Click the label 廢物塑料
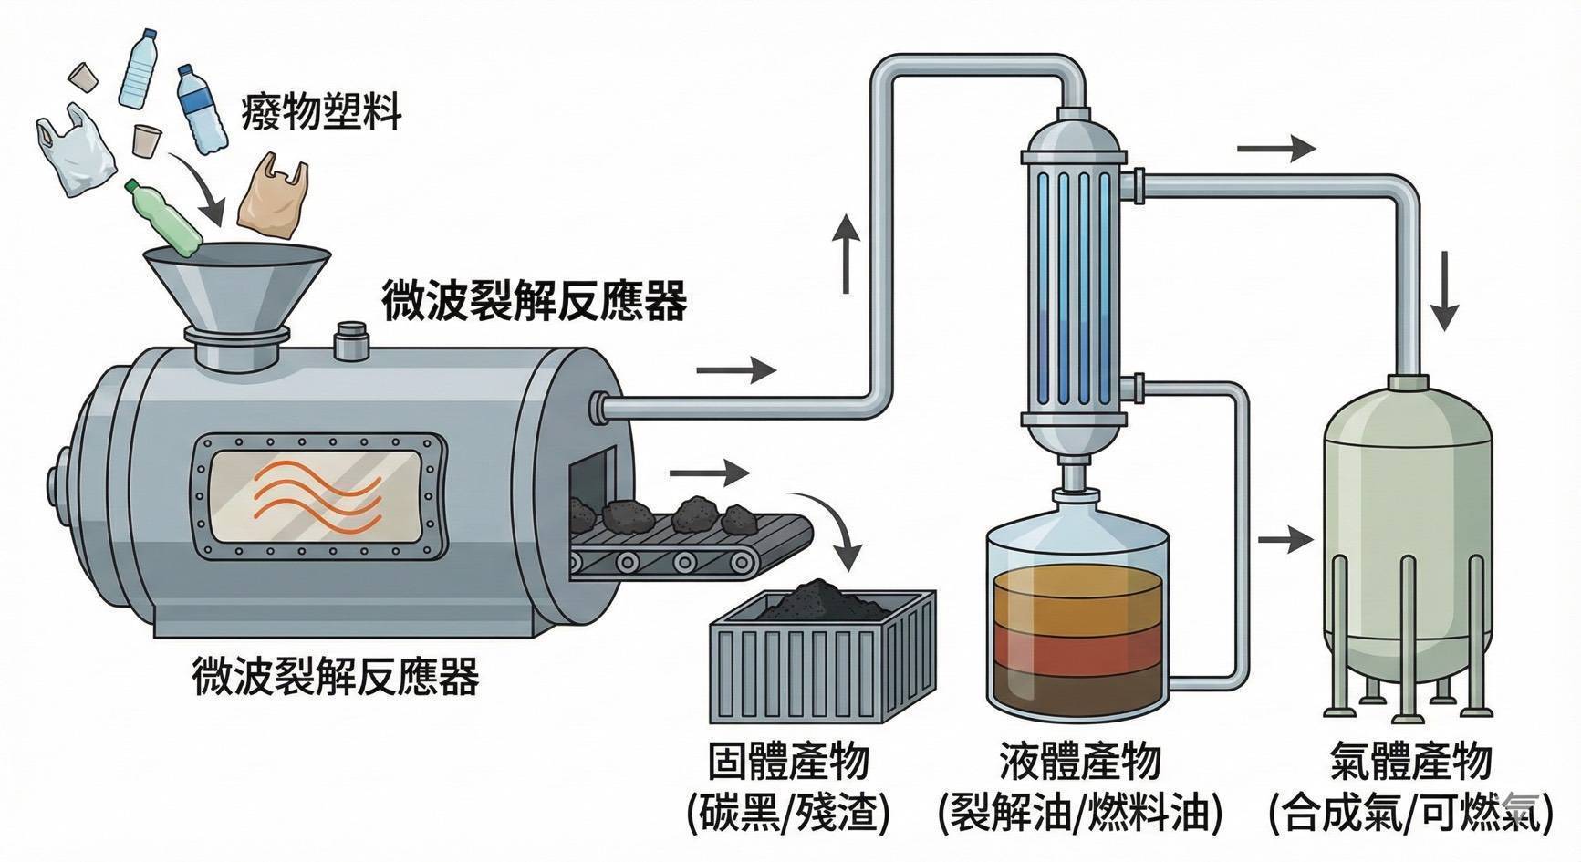tap(321, 114)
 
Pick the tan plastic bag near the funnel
tap(271, 194)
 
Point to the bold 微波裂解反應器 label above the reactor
tap(534, 302)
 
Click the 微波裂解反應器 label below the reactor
tap(336, 677)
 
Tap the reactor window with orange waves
tap(319, 497)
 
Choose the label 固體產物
tap(788, 763)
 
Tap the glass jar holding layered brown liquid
tap(1077, 620)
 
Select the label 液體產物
tap(1080, 763)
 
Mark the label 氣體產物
tap(1410, 763)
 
